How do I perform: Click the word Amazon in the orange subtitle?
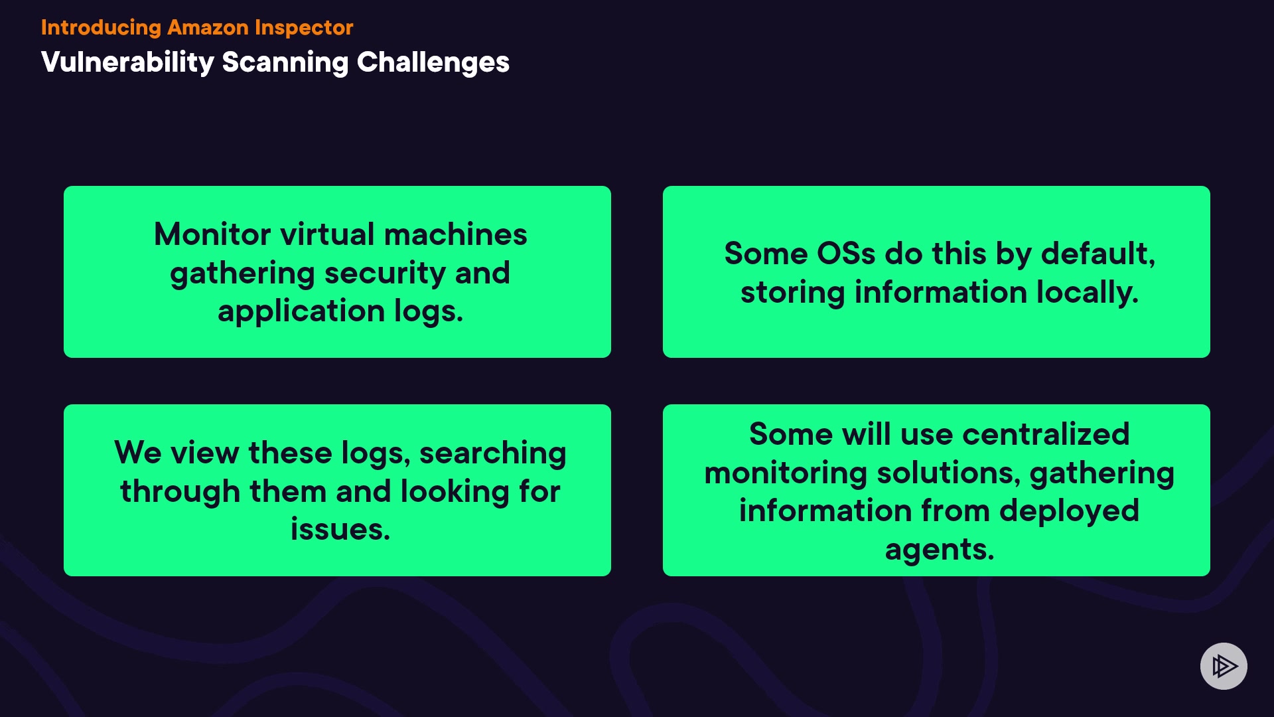(208, 27)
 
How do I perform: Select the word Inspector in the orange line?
(304, 29)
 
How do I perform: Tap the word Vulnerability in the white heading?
(127, 63)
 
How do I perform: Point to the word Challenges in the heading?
(433, 63)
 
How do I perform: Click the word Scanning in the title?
(285, 63)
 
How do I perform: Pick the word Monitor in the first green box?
(212, 234)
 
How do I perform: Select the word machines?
(456, 234)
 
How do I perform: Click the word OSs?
(846, 254)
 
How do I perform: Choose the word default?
(1098, 254)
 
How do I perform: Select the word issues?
(340, 530)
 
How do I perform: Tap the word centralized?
(1046, 434)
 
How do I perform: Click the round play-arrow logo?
(1224, 666)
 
